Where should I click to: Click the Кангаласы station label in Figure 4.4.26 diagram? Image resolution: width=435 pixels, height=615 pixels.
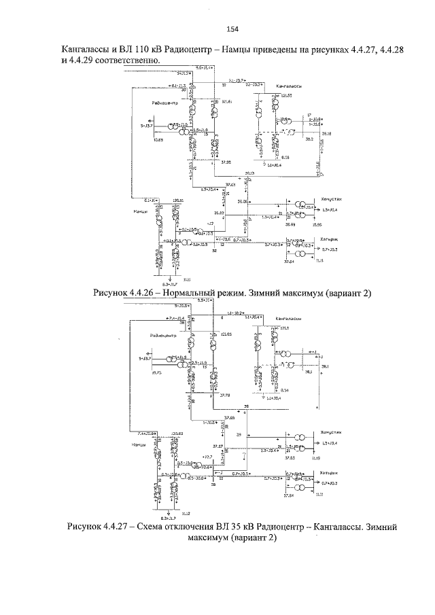coord(289,88)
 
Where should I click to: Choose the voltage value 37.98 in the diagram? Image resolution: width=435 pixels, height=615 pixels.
coord(226,162)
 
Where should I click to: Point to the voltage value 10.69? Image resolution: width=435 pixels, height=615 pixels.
coord(158,139)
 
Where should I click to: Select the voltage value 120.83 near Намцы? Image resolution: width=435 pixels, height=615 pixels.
coord(178,432)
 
